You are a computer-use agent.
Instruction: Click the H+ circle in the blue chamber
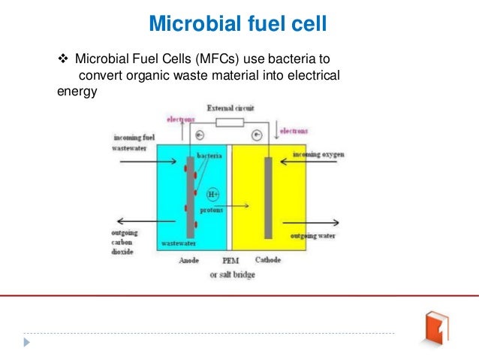[x=212, y=192]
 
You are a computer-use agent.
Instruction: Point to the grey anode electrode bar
[x=190, y=197]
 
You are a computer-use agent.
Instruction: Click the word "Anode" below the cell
[x=189, y=260]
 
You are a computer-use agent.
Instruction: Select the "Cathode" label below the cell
[x=267, y=260]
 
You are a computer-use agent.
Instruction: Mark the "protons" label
[x=212, y=210]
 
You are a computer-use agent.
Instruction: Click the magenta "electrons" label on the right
[x=293, y=131]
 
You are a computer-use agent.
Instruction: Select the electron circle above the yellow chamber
[x=257, y=136]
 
